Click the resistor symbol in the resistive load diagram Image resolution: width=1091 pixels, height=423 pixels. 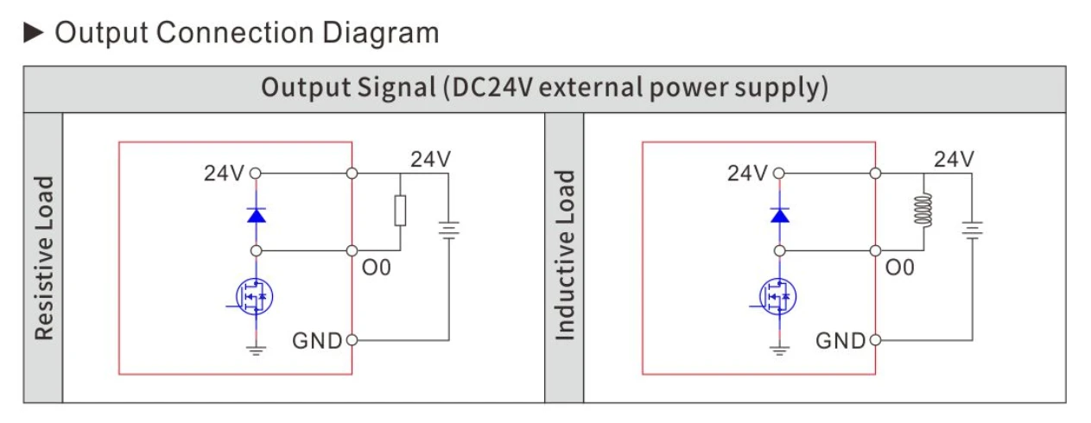[x=400, y=211]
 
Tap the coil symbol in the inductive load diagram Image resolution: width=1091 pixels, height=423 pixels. [x=923, y=211]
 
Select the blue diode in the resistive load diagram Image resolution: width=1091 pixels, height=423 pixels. [x=257, y=215]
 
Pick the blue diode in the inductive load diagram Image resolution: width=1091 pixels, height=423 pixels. [x=779, y=215]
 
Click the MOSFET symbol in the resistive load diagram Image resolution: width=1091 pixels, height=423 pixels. [x=254, y=296]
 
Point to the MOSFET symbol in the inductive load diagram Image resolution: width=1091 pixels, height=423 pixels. [x=777, y=296]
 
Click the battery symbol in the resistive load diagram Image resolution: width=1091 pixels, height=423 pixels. [x=448, y=230]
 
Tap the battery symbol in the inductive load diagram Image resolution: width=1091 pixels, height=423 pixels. [x=972, y=230]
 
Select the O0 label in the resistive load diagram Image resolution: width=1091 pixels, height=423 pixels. [x=376, y=268]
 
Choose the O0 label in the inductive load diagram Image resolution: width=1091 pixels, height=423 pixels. [x=899, y=268]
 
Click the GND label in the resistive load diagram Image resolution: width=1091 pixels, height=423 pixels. [x=317, y=341]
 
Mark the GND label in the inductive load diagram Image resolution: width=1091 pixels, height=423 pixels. [x=840, y=341]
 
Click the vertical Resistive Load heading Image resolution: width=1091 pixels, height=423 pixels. [x=43, y=258]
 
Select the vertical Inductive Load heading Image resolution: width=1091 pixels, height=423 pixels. [x=565, y=256]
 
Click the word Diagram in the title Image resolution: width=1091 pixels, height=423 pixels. [x=380, y=33]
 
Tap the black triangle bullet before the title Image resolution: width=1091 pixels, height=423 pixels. [x=33, y=33]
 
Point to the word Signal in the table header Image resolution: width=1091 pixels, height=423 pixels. [x=396, y=87]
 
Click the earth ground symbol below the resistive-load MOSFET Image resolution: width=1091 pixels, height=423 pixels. [x=256, y=350]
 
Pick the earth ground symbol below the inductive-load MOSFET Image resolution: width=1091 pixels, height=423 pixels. [x=779, y=350]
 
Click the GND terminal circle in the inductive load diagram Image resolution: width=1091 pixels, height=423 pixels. [x=875, y=340]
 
